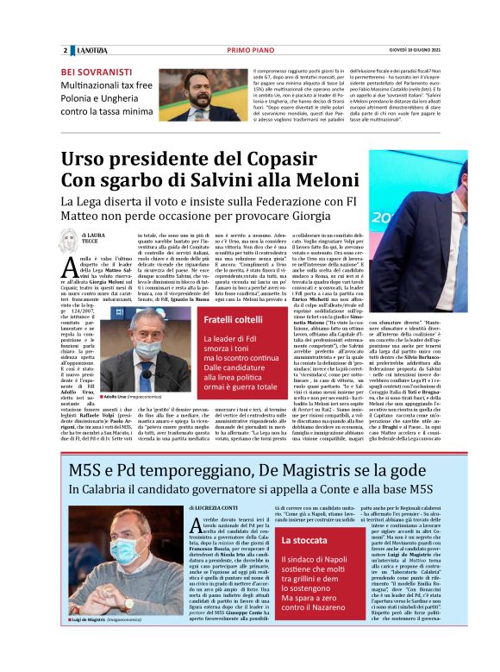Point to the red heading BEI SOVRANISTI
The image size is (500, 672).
[99, 72]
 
